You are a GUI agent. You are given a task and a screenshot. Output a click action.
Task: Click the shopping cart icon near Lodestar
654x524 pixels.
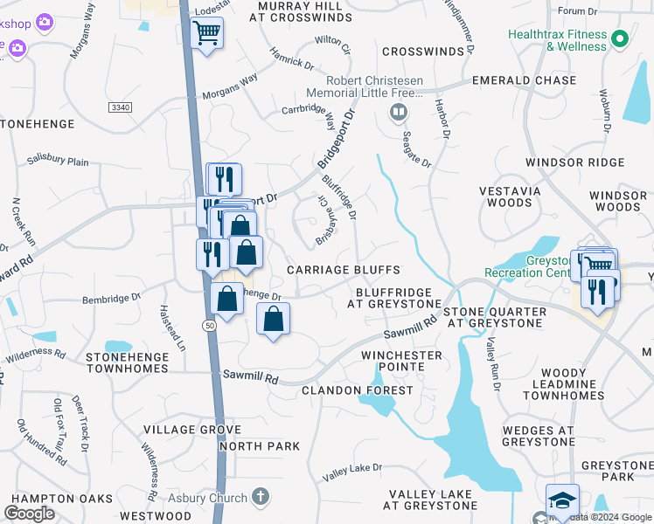(x=207, y=34)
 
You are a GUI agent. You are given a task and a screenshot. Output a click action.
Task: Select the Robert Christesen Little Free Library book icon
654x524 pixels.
(x=398, y=111)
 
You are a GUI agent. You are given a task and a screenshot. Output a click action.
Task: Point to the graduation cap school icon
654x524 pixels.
(x=562, y=501)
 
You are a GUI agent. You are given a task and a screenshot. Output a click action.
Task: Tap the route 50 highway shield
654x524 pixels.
(x=210, y=325)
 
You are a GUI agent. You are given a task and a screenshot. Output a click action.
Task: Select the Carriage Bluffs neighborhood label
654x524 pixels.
(x=344, y=271)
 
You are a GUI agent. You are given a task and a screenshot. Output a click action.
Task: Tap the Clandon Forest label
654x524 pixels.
(x=356, y=390)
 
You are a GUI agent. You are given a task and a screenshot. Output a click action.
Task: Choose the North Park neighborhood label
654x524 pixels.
(x=260, y=446)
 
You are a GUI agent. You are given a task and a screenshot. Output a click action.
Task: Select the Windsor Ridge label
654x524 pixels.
(x=575, y=162)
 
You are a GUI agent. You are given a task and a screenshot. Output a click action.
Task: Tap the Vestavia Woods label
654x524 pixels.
(x=509, y=196)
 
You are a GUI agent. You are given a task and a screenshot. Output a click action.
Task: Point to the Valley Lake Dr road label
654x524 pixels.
(x=352, y=472)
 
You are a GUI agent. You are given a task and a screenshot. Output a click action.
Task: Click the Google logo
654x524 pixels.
(x=29, y=514)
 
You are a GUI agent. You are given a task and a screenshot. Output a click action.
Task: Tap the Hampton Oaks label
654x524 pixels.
(x=57, y=499)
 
